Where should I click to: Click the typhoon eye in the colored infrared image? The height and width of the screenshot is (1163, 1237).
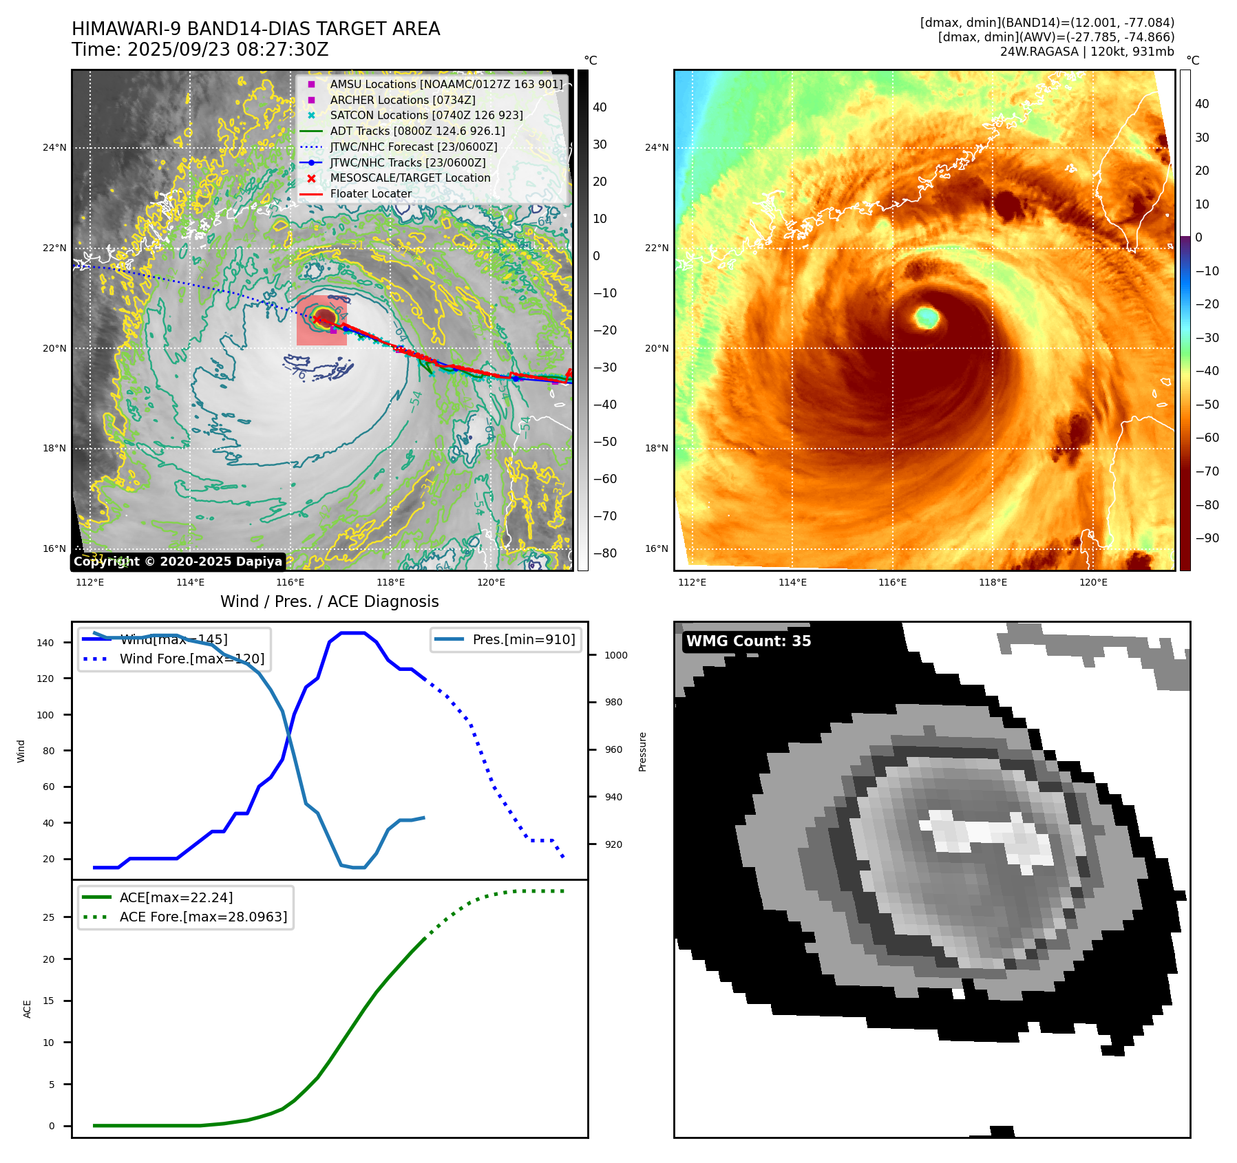tap(927, 317)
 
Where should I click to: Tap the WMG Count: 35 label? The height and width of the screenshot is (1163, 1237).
tap(748, 641)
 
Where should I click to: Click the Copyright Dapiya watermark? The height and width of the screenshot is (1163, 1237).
tap(178, 562)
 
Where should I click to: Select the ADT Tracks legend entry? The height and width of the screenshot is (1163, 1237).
tap(417, 131)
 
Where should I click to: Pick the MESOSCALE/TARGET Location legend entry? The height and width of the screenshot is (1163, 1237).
tap(410, 178)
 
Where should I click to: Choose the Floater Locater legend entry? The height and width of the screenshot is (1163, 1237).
tap(370, 193)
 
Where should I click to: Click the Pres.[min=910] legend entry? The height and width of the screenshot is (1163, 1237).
tap(523, 639)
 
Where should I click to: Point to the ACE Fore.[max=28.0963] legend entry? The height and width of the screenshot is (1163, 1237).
tap(203, 917)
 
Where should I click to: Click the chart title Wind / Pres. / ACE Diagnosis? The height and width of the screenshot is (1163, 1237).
tap(329, 601)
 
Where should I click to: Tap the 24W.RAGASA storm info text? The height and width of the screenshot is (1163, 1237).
tap(1087, 52)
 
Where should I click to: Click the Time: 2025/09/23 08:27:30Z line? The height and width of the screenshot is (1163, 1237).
tap(200, 50)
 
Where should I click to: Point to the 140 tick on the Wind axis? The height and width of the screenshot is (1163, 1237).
tap(45, 643)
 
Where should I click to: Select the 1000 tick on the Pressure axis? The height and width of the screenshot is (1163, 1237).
tap(615, 655)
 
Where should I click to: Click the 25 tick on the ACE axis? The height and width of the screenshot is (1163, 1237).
tap(48, 917)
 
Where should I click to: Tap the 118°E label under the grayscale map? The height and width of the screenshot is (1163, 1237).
tap(391, 583)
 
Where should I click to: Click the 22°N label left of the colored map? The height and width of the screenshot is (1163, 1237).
tap(656, 248)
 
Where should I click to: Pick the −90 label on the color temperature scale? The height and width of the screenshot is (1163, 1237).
tap(1207, 538)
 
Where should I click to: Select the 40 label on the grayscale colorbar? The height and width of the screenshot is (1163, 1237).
tap(600, 107)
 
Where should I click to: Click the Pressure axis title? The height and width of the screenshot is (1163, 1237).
tap(642, 751)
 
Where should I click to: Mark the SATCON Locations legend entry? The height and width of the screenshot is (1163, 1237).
tap(426, 115)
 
